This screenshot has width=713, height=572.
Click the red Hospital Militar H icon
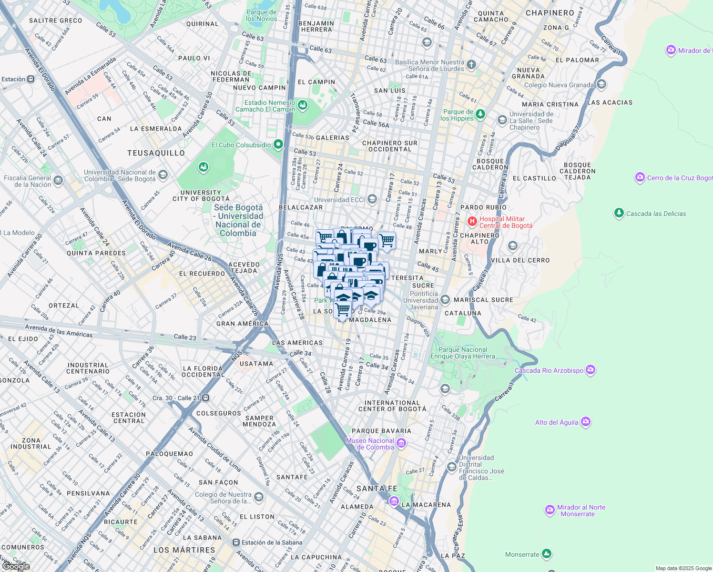[x=472, y=221]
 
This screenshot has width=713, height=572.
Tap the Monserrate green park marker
[x=547, y=554]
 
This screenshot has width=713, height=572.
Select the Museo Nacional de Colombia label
[x=370, y=444]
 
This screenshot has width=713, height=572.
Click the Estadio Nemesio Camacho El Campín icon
[x=302, y=105]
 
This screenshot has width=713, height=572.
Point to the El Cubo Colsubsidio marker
[x=278, y=144]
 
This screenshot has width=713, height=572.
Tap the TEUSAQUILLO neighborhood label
[x=156, y=153]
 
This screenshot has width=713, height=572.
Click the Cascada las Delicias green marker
[x=619, y=213]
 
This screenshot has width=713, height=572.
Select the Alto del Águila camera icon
[x=586, y=422]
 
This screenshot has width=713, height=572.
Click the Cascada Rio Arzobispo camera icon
[x=591, y=370]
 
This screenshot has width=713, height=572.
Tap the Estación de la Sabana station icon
[x=236, y=542]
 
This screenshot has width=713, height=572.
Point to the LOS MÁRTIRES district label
[x=184, y=550]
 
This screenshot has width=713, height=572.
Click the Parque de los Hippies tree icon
[x=480, y=114]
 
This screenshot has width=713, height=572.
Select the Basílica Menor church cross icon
[x=471, y=65]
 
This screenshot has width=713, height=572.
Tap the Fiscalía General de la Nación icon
[x=58, y=180]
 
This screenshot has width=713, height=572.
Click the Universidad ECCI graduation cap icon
[x=372, y=199]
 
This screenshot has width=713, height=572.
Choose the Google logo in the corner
[x=16, y=566]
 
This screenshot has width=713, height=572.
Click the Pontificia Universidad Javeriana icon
[x=445, y=300]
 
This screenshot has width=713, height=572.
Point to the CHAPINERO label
[x=550, y=13]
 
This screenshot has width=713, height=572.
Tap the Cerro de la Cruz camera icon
[x=640, y=177]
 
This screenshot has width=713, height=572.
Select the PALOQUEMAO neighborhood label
[x=169, y=454]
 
